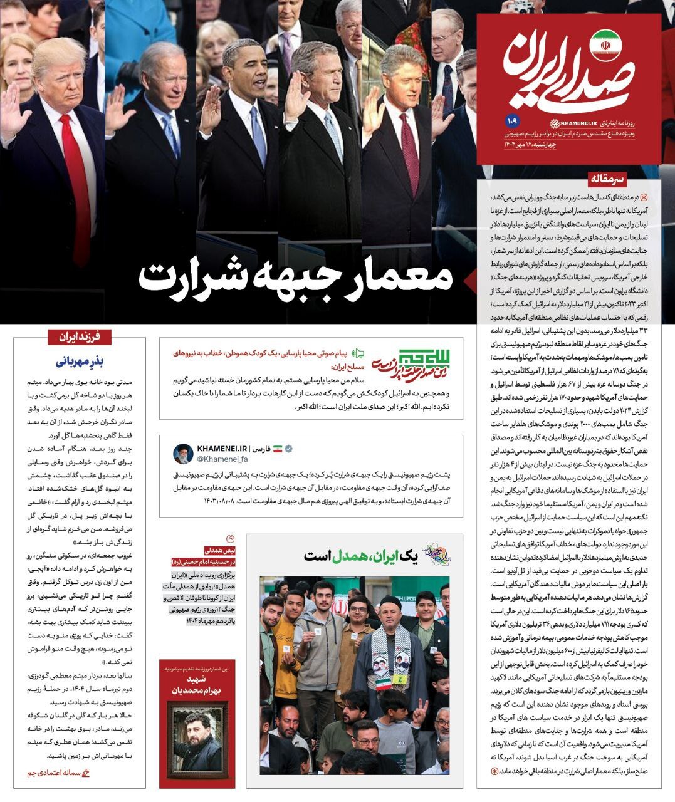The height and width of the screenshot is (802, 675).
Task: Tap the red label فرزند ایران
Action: click(x=80, y=336)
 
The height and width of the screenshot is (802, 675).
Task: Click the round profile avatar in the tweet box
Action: click(x=183, y=455)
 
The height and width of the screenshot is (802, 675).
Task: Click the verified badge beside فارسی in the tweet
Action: click(x=290, y=449)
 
